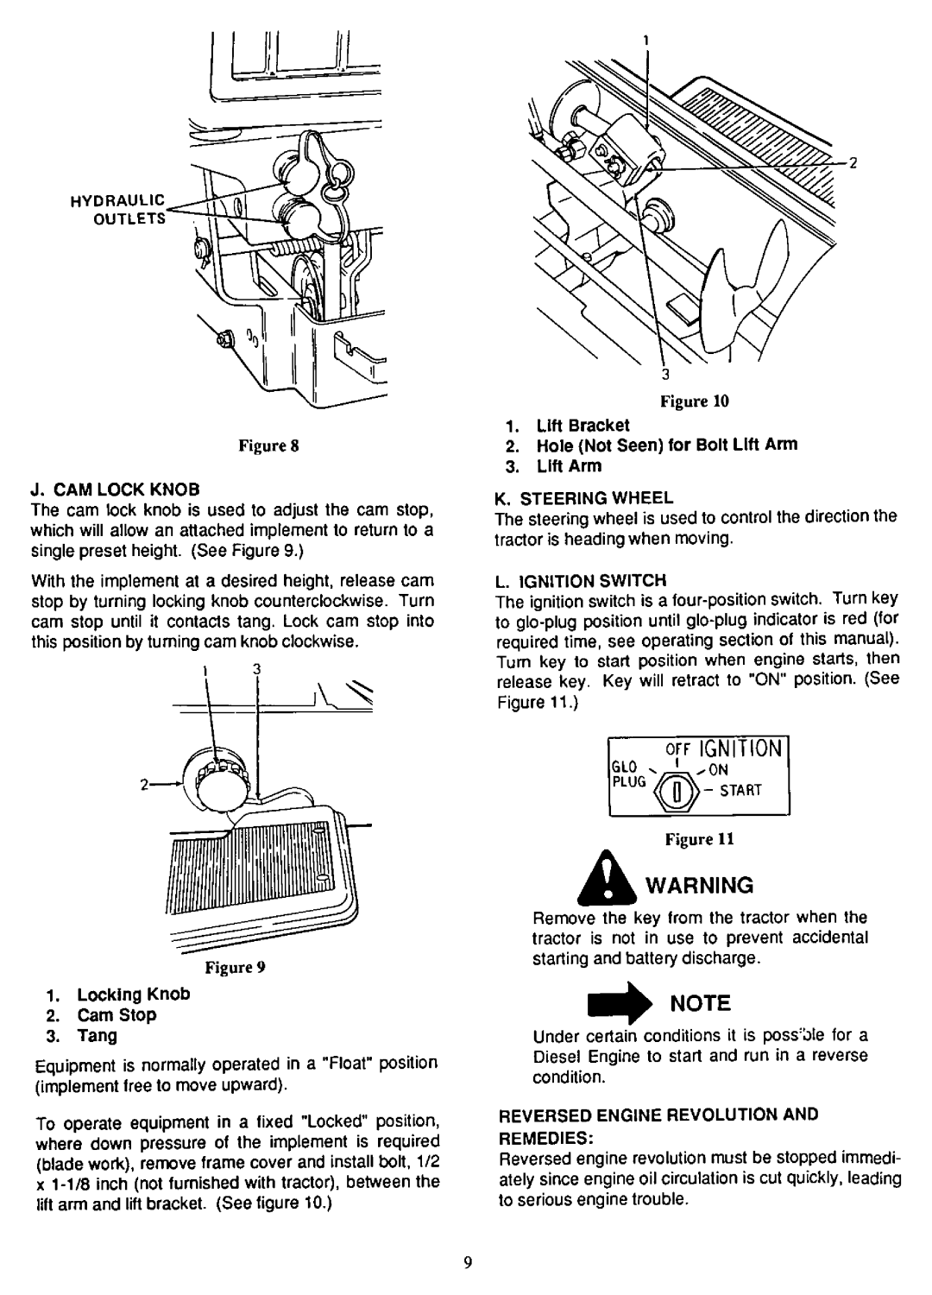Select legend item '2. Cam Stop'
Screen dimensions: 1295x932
click(x=123, y=1015)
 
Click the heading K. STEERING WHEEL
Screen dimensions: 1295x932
click(x=589, y=498)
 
